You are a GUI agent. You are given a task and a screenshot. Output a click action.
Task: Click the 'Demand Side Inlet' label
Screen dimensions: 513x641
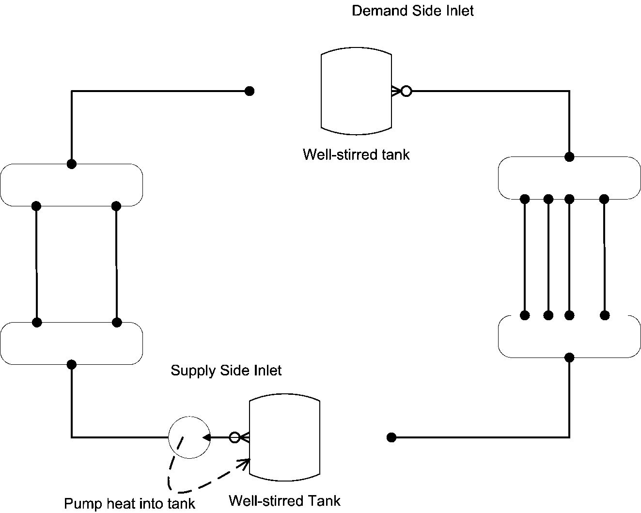coord(412,11)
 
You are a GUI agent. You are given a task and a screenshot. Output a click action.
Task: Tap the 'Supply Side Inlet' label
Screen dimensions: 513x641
coord(226,371)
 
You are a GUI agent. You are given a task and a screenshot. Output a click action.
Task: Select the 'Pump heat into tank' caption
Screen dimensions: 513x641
coord(129,504)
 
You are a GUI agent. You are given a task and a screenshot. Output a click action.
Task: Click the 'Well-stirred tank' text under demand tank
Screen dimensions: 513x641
coord(356,155)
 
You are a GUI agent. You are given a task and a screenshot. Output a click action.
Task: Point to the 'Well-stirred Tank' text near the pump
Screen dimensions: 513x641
coord(284,500)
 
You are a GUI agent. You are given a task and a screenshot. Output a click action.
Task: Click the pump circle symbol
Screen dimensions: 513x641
coord(189,437)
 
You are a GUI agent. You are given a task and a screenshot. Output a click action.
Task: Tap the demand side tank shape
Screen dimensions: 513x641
coord(356,91)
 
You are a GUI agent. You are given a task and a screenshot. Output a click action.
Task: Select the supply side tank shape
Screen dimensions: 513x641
coord(284,437)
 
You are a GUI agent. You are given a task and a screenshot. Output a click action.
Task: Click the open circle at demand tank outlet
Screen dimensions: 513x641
coord(406,91)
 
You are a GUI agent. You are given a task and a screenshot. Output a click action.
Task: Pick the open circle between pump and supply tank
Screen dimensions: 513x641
coord(235,437)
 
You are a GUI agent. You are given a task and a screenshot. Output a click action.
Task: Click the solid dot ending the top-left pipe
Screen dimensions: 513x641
coord(249,91)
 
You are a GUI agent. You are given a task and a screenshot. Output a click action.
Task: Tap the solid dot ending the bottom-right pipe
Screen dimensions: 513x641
coord(391,437)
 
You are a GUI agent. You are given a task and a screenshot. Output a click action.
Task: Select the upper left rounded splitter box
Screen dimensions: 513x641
coord(72,185)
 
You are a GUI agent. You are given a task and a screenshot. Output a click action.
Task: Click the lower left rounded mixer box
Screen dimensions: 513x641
coord(72,343)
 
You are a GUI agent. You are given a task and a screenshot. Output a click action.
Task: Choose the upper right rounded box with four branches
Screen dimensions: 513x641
coord(570,178)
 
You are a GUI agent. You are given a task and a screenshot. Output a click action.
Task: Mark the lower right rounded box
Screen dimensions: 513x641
coord(570,337)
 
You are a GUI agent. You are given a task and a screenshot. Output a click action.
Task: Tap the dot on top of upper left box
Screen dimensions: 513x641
coord(72,164)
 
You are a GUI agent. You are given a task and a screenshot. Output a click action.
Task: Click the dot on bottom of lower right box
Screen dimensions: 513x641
coord(570,358)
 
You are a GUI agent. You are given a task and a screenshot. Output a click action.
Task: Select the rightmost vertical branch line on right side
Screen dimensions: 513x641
coord(604,257)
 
